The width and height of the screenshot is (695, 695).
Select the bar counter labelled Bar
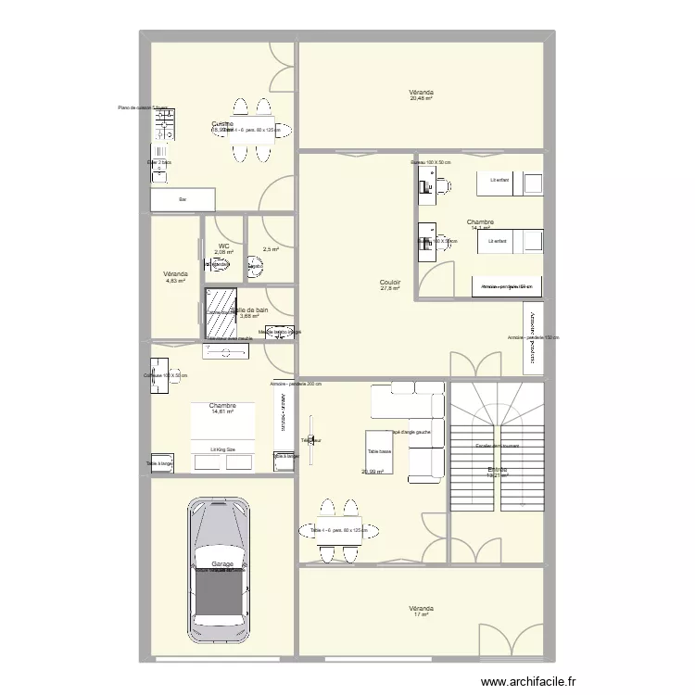[183, 199]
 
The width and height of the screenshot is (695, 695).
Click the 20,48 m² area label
[421, 99]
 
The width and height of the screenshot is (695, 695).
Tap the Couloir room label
[389, 282]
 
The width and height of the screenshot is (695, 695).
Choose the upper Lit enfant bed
[508, 183]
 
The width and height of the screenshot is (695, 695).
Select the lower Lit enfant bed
[508, 242]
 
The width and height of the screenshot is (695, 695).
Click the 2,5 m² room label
[270, 248]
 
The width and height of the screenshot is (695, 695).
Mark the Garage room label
[221, 563]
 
